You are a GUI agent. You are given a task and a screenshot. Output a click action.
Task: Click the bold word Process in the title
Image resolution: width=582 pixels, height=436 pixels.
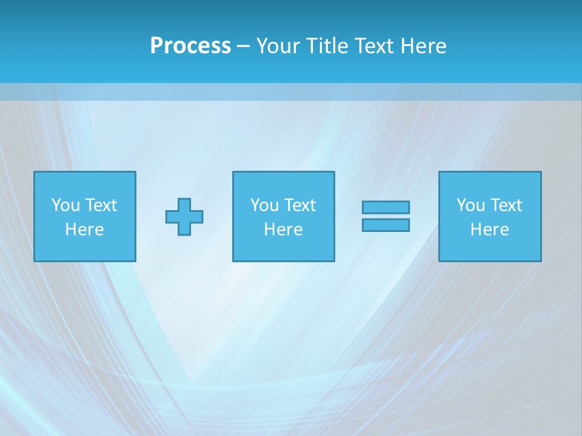190,46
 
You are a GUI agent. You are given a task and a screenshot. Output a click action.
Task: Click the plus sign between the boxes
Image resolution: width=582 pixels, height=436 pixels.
184,217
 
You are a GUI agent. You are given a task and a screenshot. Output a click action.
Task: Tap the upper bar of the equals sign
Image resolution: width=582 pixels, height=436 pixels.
386,208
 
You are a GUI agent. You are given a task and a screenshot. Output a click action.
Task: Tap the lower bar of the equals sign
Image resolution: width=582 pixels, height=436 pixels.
386,225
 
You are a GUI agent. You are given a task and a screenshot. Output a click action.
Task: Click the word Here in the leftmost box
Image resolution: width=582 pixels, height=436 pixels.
84,230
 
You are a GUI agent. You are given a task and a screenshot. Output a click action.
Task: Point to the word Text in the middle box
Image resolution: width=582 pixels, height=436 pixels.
300,205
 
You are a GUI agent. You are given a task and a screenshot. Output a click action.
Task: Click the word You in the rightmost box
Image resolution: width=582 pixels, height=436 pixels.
470,205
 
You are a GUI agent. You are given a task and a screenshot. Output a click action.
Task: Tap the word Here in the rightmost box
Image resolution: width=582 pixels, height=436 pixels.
489,230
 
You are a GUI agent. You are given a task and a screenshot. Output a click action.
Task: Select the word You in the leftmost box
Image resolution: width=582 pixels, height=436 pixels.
65,205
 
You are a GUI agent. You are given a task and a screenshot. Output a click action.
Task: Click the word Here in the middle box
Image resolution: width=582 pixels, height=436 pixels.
283,230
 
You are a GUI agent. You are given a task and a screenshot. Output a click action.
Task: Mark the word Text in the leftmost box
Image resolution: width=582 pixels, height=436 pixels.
101,205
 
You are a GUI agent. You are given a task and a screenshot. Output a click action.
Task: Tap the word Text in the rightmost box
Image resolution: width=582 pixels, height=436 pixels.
506,205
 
